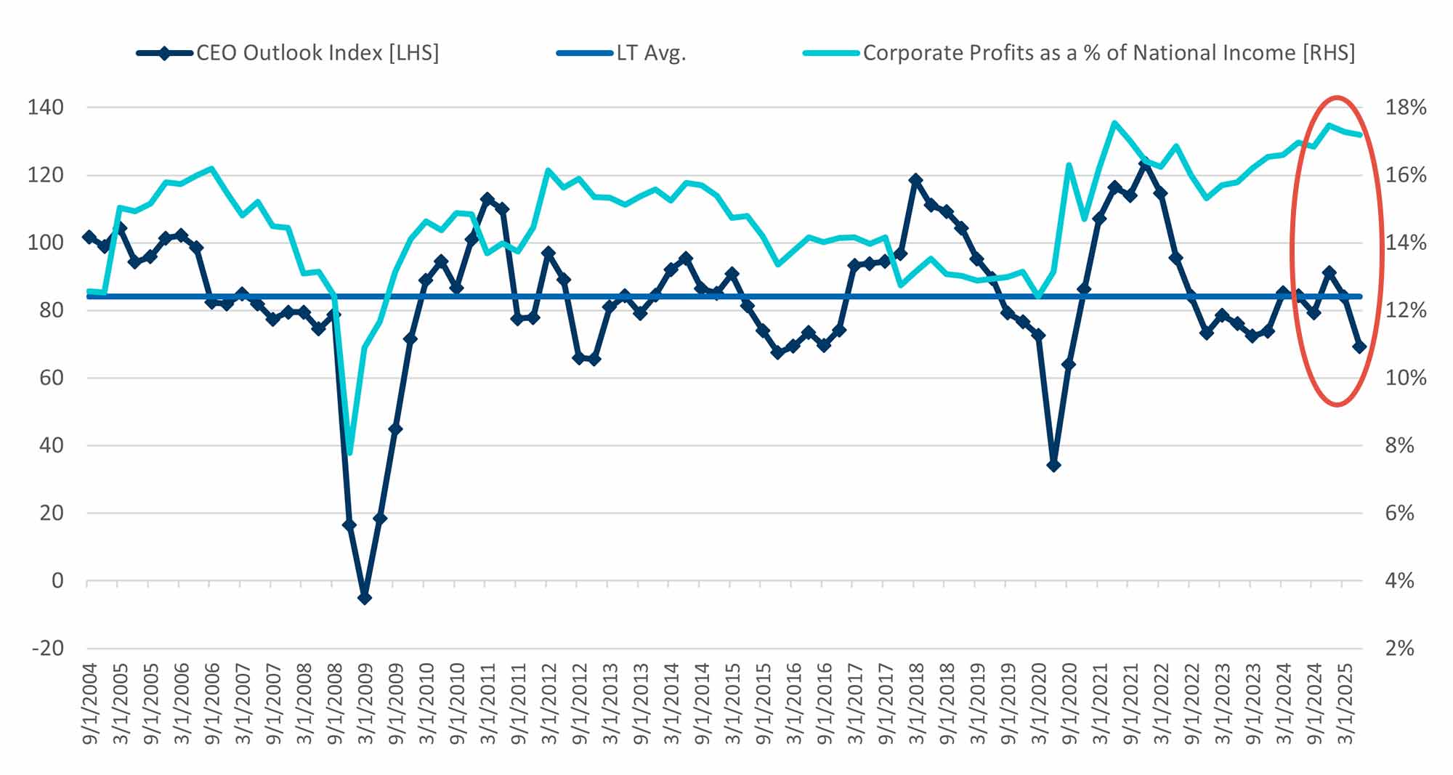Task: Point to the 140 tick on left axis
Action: (x=45, y=107)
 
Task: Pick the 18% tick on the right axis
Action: (x=1405, y=107)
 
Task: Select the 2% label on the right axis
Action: (x=1399, y=648)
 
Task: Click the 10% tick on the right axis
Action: (x=1405, y=378)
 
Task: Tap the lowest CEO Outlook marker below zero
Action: (x=365, y=598)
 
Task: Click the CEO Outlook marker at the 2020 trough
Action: (x=1053, y=465)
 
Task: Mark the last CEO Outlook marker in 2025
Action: (x=1359, y=347)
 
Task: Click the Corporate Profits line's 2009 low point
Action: (x=350, y=454)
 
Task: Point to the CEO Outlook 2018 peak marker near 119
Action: (x=915, y=179)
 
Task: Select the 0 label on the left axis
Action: (x=57, y=580)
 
